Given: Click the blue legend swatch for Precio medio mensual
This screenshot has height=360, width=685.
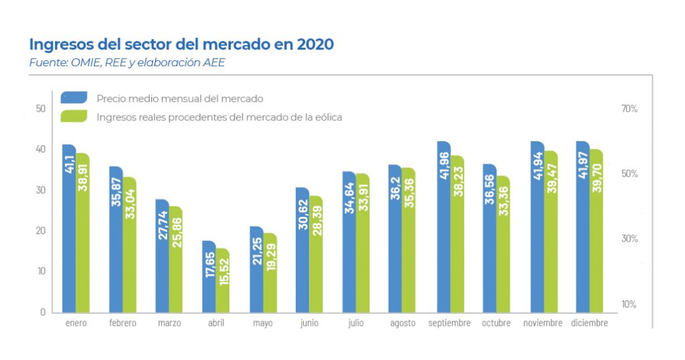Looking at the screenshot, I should click(74, 98).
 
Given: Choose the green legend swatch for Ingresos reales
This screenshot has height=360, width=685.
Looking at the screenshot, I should click(74, 116).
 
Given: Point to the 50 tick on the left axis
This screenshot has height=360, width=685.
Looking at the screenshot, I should click(41, 109).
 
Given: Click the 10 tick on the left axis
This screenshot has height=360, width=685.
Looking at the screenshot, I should click(41, 272).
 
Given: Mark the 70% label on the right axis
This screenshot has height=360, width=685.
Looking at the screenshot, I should click(629, 108).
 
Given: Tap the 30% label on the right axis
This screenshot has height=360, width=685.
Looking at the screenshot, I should click(629, 239).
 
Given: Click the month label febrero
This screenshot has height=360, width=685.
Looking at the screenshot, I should click(122, 323).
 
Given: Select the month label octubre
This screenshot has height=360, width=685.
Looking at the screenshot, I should click(496, 323).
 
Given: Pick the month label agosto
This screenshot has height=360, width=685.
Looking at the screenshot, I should click(403, 323).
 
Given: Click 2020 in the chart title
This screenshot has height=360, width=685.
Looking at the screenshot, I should click(314, 45).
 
